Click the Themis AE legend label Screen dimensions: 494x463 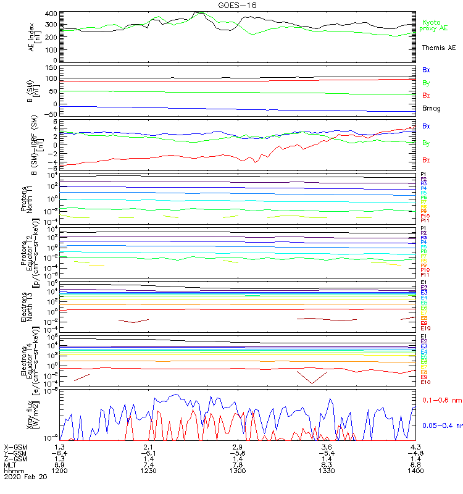point(439,48)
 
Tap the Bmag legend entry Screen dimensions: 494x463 point(432,108)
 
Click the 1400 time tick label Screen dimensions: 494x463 point(415,471)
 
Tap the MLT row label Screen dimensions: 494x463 point(10,464)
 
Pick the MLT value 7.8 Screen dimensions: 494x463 point(237,464)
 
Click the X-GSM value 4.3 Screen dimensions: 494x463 point(415,446)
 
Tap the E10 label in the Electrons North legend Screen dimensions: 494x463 point(426,328)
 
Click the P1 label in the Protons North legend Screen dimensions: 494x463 point(423,175)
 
